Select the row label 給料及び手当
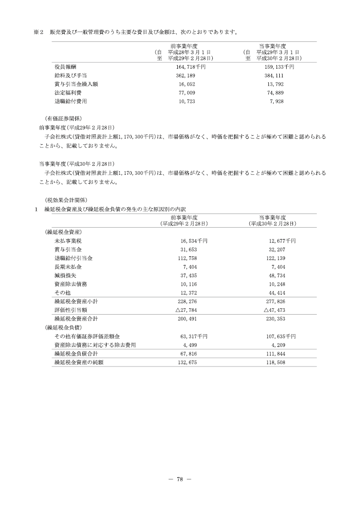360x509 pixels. click(x=68, y=76)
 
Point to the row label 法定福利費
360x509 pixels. click(x=66, y=93)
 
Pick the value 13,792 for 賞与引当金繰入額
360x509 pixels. click(x=276, y=84)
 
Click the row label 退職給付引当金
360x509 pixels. click(x=73, y=258)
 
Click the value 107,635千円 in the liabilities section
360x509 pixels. click(x=279, y=336)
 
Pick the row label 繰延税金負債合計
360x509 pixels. click(x=76, y=354)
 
